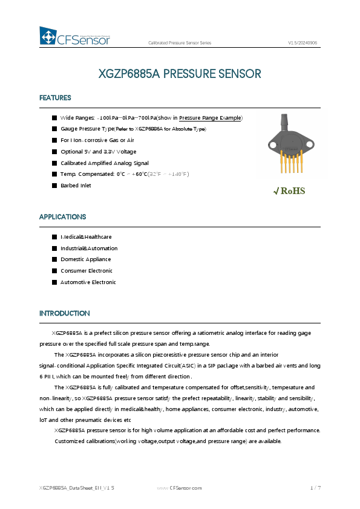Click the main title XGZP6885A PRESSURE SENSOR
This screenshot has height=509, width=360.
[x=180, y=74]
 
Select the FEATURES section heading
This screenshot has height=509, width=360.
[x=55, y=98]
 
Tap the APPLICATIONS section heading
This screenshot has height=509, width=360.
[x=62, y=216]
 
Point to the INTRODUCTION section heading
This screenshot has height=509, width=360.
[x=64, y=313]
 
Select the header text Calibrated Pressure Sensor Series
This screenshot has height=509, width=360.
[x=180, y=43]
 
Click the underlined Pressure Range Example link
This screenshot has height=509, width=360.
[x=211, y=118]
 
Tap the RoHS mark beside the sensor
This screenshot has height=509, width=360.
[x=290, y=191]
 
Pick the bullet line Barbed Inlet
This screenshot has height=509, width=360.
[x=76, y=186]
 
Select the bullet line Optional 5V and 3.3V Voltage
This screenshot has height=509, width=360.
[x=98, y=152]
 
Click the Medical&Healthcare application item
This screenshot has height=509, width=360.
[x=86, y=237]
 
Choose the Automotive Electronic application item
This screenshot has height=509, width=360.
[x=88, y=282]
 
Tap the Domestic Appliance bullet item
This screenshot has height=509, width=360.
[x=85, y=259]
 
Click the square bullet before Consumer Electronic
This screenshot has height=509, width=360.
[x=54, y=271]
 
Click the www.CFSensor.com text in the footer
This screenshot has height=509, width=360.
[x=179, y=487]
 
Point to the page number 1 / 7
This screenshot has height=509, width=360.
[x=315, y=487]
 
